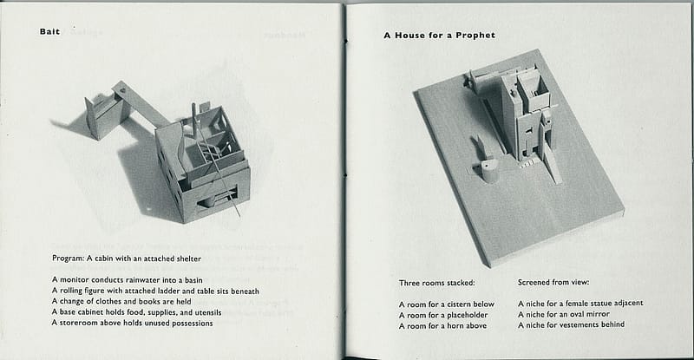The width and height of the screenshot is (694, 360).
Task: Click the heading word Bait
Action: (x=49, y=31)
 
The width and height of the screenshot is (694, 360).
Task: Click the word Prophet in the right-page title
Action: (x=475, y=36)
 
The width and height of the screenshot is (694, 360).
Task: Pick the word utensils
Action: (x=208, y=312)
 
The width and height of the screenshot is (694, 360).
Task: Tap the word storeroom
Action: (x=79, y=323)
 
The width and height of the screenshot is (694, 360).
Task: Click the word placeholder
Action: (x=468, y=315)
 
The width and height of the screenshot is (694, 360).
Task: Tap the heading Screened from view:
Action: (x=553, y=282)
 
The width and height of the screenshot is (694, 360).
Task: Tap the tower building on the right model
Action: (x=526, y=115)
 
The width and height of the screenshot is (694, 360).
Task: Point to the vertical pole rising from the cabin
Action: (x=193, y=121)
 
